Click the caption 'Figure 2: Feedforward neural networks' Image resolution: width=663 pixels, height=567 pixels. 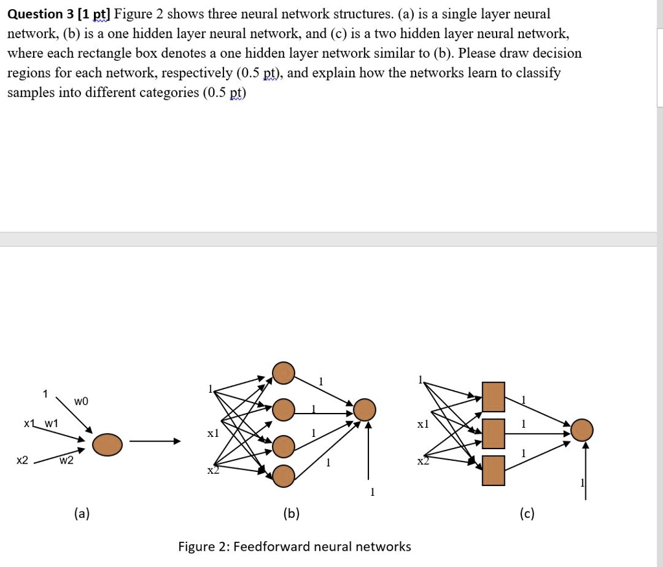295,547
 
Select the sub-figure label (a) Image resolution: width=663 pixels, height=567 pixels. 82,514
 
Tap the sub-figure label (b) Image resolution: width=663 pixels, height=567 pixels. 291,514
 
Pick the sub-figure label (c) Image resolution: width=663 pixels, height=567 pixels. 526,514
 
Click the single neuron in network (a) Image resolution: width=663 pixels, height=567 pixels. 107,445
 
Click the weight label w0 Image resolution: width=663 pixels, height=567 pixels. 81,401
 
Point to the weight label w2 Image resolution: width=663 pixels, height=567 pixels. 66,461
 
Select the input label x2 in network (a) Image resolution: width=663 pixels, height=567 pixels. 23,460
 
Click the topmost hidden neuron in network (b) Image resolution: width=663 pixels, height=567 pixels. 284,373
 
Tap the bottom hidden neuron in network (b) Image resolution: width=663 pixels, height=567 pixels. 284,476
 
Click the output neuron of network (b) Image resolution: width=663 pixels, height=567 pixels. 365,409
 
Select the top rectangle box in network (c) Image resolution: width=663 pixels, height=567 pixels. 493,397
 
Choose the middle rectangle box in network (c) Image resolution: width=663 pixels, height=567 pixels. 493,434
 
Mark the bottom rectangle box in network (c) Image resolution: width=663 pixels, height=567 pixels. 493,471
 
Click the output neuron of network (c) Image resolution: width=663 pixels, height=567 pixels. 582,430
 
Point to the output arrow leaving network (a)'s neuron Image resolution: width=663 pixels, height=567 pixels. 154,442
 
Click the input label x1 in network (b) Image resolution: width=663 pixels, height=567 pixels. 213,432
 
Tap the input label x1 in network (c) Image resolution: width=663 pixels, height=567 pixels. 423,425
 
